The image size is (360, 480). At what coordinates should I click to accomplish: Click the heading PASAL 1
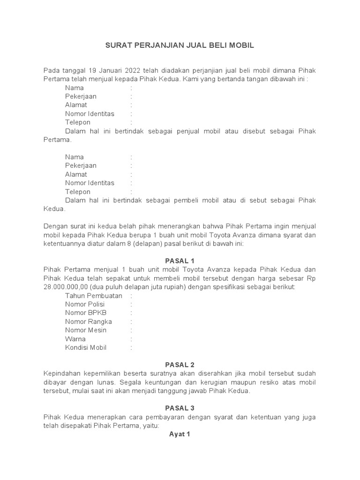click(x=180, y=261)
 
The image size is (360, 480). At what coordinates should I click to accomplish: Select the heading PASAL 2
click(x=180, y=365)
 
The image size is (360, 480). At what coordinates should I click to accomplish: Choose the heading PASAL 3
click(x=180, y=408)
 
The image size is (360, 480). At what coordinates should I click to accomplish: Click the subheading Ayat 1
click(x=180, y=434)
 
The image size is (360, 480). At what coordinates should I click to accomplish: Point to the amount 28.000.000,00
click(x=66, y=286)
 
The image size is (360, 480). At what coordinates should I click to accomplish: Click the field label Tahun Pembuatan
click(x=94, y=295)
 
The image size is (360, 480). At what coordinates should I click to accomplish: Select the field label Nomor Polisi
click(x=85, y=304)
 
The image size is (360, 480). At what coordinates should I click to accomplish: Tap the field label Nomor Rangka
click(x=89, y=322)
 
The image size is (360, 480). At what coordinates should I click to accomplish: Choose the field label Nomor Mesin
click(x=86, y=330)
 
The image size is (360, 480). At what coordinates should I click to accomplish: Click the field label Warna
click(x=75, y=339)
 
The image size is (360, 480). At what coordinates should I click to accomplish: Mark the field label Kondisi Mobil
click(x=86, y=347)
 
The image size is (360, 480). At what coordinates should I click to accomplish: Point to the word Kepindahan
click(x=63, y=373)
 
